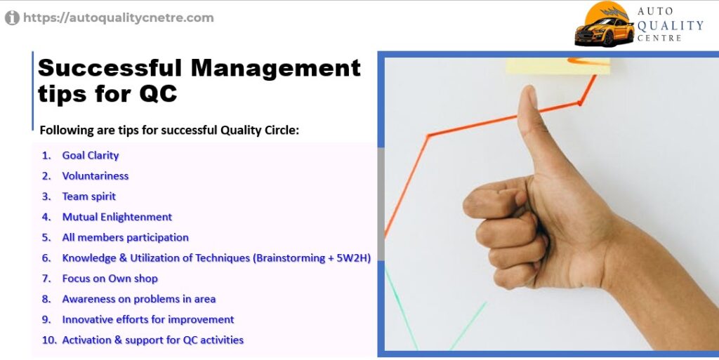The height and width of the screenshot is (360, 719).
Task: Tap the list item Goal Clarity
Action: [x=91, y=156]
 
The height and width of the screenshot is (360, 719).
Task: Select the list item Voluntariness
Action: [x=95, y=176]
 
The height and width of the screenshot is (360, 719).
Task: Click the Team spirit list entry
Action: [x=89, y=196]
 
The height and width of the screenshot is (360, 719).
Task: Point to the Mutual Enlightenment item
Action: [x=117, y=217]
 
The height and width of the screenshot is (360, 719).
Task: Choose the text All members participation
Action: [x=125, y=238]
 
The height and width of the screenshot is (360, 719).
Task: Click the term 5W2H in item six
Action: [x=352, y=258]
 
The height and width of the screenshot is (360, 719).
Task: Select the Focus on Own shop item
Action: [x=110, y=279]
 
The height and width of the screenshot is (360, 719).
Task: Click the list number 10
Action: [x=49, y=340]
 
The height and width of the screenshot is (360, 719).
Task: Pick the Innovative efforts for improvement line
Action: [x=147, y=320]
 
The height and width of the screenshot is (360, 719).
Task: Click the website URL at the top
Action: [x=118, y=18]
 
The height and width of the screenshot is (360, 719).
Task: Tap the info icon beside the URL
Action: [x=12, y=18]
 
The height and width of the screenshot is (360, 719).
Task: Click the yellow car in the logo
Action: [x=604, y=30]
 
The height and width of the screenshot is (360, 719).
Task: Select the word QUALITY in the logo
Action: [x=670, y=26]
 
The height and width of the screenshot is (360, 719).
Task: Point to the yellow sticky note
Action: [x=558, y=65]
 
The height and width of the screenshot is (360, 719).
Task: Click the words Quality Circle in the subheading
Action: [x=260, y=131]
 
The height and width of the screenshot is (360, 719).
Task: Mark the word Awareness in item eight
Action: [x=89, y=299]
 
